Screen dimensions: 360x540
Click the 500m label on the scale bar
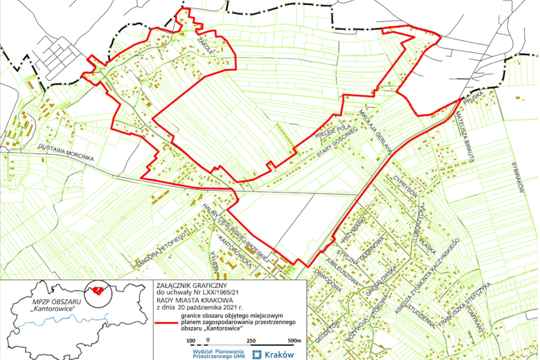(x=294, y=341)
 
